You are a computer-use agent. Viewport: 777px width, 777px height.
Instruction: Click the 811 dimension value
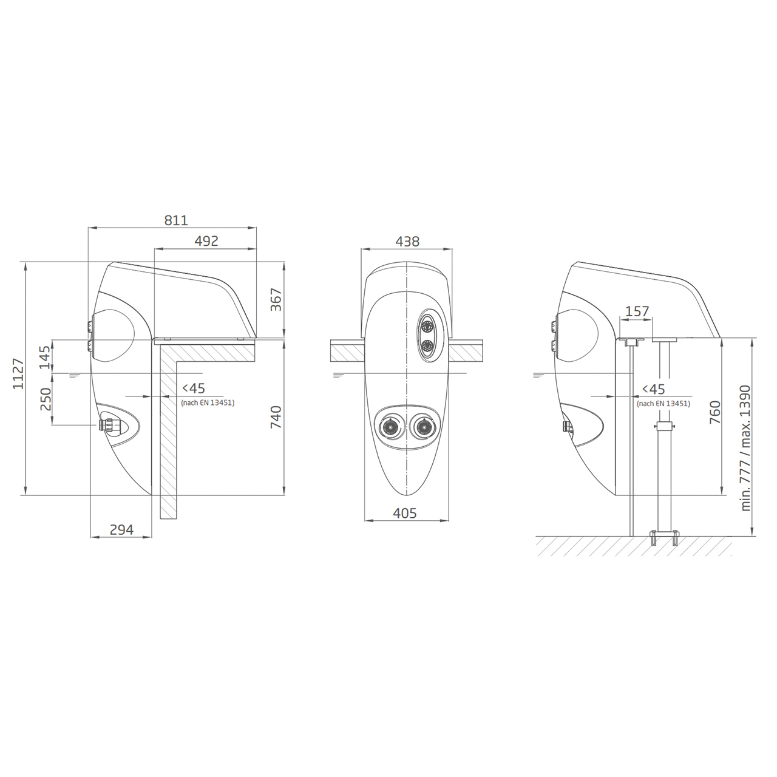tap(176, 220)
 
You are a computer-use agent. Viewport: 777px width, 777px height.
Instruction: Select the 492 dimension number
tap(206, 241)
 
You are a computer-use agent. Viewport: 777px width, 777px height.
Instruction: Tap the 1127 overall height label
tap(18, 373)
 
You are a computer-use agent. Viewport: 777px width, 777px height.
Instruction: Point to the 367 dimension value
tap(276, 299)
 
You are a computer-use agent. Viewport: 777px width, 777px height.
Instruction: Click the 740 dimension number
tap(276, 417)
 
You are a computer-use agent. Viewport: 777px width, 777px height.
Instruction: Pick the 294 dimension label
tap(121, 529)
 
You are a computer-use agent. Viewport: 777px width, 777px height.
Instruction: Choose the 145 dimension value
tap(45, 358)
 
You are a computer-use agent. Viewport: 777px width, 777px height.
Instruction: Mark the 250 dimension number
tap(45, 399)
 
